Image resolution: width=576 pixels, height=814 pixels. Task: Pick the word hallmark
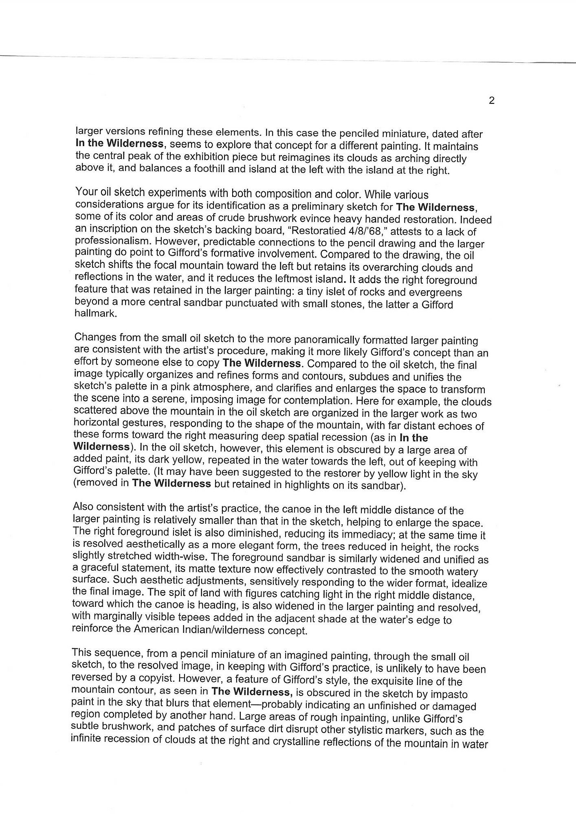(x=95, y=314)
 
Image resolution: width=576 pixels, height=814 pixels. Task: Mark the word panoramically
(x=330, y=340)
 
